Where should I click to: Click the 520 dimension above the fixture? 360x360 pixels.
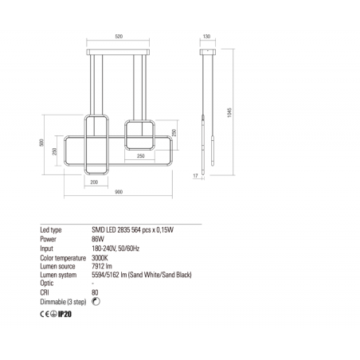(x=119, y=37)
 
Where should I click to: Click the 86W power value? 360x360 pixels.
(x=99, y=237)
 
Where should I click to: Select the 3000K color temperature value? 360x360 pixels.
(x=101, y=256)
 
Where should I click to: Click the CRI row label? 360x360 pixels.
(x=45, y=292)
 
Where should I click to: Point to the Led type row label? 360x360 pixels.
(x=52, y=229)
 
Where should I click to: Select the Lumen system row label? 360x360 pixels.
(x=58, y=275)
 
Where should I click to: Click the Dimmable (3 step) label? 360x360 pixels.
(x=63, y=302)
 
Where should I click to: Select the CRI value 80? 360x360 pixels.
(x=96, y=292)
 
